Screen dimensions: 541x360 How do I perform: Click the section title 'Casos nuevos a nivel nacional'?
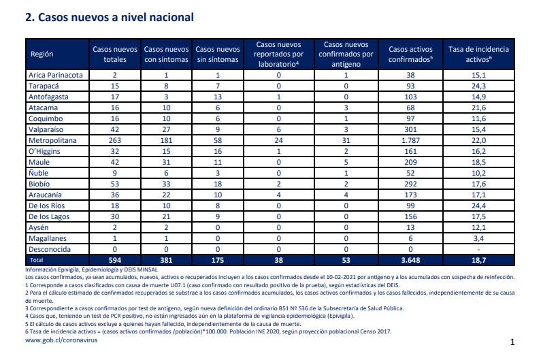[x=116, y=17]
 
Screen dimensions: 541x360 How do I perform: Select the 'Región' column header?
[x=42, y=54]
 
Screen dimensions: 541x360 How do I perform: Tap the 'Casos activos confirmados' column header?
[x=410, y=54]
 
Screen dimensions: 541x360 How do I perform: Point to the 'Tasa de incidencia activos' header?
[x=478, y=54]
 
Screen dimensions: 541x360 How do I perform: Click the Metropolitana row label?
[x=52, y=140]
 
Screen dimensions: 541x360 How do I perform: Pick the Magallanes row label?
[x=47, y=238]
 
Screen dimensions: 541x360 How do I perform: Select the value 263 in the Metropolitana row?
[x=115, y=140]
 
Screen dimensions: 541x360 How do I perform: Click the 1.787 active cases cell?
[x=410, y=140]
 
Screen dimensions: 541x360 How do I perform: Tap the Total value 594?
[x=115, y=260]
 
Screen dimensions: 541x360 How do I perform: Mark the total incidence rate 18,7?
[x=478, y=260]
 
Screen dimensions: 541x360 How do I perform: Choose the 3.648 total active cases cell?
[x=410, y=260]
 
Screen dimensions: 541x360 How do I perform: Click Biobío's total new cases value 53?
[x=115, y=184]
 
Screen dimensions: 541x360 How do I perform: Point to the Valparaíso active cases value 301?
[x=410, y=129]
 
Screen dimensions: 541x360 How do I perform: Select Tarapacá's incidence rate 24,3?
[x=478, y=86]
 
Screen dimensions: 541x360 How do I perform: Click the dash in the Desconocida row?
[x=478, y=250]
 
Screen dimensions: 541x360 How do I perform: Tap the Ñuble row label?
[x=38, y=173]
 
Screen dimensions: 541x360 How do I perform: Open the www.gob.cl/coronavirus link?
[x=61, y=340]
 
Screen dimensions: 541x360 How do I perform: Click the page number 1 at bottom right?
[x=512, y=342]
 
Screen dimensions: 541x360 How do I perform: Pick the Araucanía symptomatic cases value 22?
[x=166, y=195]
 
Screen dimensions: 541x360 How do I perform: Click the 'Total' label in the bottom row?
[x=37, y=260]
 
